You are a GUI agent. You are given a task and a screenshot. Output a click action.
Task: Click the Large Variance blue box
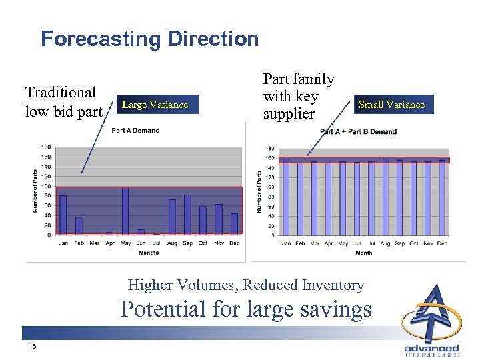[155, 104]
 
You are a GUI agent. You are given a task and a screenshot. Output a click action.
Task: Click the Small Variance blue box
[391, 104]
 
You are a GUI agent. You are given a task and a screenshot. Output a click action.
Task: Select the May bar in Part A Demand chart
[125, 211]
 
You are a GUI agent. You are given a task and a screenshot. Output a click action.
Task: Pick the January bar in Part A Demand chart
[63, 215]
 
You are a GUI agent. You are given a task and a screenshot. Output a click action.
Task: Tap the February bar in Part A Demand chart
[79, 225]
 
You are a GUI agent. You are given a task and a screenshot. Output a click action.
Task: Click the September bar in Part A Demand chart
[187, 215]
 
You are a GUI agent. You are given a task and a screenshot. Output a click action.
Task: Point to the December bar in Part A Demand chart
[234, 224]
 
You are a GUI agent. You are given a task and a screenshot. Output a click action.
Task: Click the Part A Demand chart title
[135, 131]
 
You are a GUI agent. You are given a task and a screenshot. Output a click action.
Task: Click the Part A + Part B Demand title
[358, 132]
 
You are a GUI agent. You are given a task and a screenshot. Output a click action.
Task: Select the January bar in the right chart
[286, 197]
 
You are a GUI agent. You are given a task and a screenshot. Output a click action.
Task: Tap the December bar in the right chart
[441, 197]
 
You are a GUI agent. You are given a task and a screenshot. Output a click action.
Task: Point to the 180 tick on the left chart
[47, 147]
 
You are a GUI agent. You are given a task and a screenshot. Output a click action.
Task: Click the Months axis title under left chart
[149, 253]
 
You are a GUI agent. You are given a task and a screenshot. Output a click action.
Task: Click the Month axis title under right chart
[364, 253]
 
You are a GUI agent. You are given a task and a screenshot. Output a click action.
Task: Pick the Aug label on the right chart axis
[385, 243]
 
